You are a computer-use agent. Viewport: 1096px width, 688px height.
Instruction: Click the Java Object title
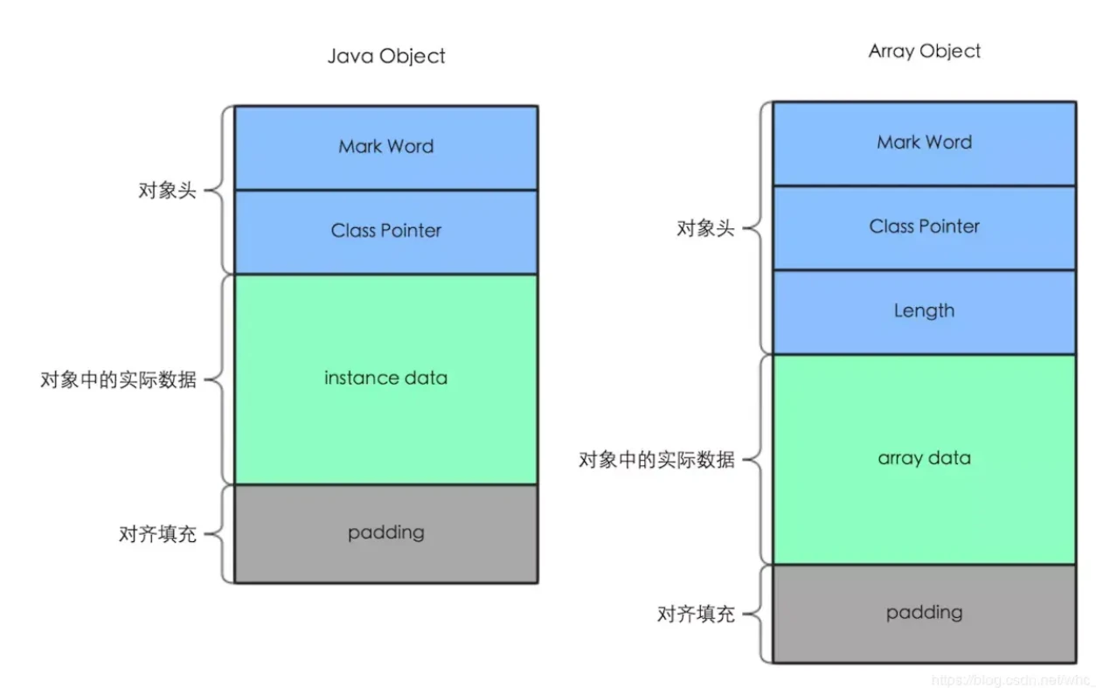tap(386, 56)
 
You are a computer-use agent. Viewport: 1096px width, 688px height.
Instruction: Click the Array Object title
tap(925, 52)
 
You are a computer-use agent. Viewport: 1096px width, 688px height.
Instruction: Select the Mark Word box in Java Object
tap(386, 148)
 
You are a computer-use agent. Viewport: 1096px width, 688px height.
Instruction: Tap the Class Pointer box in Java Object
tap(386, 232)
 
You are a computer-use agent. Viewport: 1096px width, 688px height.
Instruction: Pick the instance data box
tap(386, 379)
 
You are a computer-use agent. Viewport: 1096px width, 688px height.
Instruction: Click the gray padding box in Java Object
tap(386, 534)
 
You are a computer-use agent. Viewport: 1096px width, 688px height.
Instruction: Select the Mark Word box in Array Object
tap(925, 144)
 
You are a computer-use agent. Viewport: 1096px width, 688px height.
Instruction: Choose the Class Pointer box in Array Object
tap(925, 228)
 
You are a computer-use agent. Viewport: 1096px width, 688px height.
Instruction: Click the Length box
tap(925, 312)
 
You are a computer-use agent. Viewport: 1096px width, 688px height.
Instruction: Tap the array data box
tap(925, 460)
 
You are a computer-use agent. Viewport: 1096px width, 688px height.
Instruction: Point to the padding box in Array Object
tap(925, 614)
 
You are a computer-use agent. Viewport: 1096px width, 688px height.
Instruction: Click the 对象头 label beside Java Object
tap(167, 191)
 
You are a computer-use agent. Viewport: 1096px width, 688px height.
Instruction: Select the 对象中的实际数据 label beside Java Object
tap(118, 379)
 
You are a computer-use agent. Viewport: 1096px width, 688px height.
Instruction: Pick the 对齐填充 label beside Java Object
tap(157, 534)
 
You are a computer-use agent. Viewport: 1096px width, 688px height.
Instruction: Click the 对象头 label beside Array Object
tap(705, 228)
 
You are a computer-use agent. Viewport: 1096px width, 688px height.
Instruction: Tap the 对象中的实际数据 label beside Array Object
tap(656, 460)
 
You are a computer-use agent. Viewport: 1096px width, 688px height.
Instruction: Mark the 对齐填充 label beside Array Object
tap(696, 614)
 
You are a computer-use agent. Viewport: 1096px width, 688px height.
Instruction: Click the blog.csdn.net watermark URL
tap(1012, 679)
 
